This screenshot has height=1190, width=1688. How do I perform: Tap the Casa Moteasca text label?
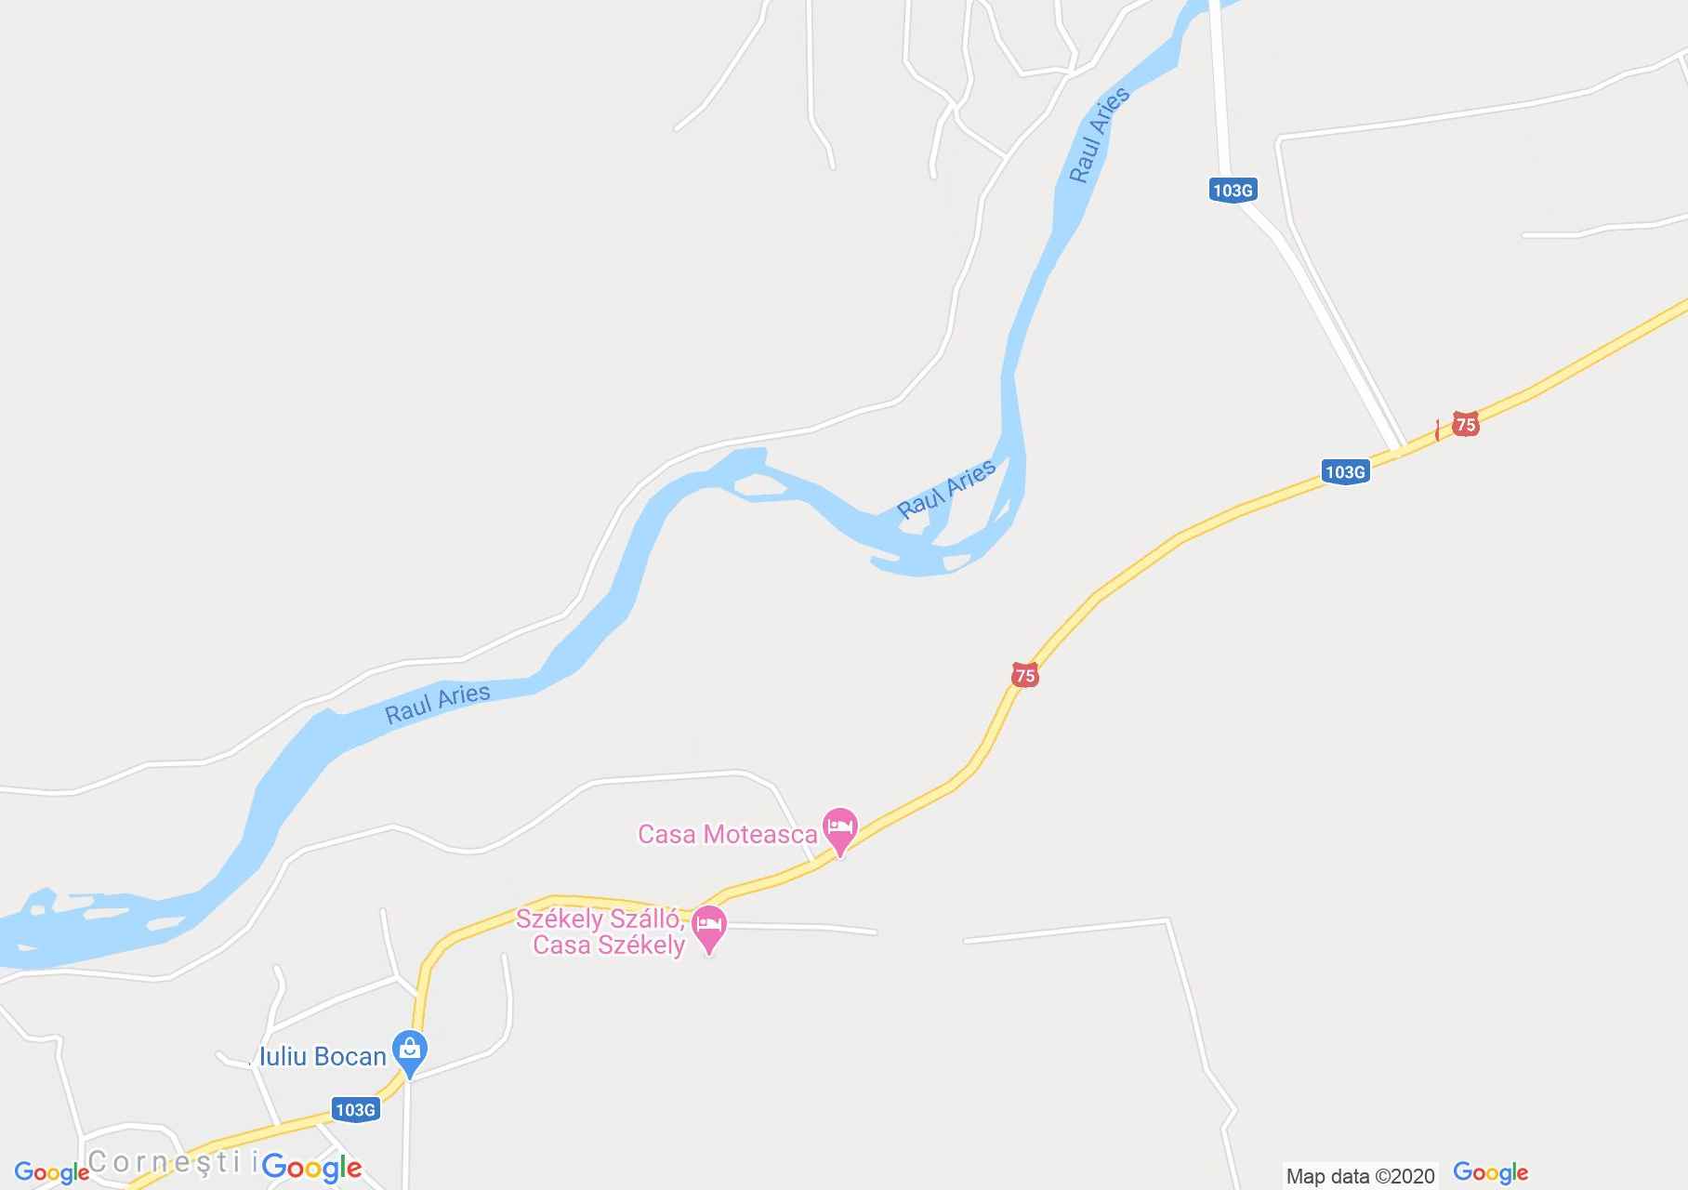[x=726, y=834]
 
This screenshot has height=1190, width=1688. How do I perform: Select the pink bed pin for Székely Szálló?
[x=710, y=928]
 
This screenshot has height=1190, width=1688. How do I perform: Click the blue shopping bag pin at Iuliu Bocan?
[x=409, y=1053]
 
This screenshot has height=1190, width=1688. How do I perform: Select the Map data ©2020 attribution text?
[x=1360, y=1176]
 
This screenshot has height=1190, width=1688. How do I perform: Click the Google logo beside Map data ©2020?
[x=1490, y=1173]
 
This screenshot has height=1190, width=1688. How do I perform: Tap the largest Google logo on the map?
[x=311, y=1167]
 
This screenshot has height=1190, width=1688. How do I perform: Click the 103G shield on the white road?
[x=1233, y=191]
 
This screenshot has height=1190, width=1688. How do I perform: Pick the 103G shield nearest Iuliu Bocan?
[x=355, y=1109]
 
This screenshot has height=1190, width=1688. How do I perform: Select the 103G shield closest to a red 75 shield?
[x=1344, y=472]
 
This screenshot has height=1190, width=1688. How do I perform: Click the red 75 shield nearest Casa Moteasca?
[x=1024, y=676]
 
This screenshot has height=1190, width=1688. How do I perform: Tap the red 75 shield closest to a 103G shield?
[x=1465, y=425]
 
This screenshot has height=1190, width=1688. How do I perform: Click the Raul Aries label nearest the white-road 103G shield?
[x=1099, y=136]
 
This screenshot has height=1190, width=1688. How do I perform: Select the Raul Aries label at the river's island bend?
[x=946, y=489]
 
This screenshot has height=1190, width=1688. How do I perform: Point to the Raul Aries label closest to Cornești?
[x=437, y=704]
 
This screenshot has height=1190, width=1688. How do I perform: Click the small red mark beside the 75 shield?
[x=1438, y=430]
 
